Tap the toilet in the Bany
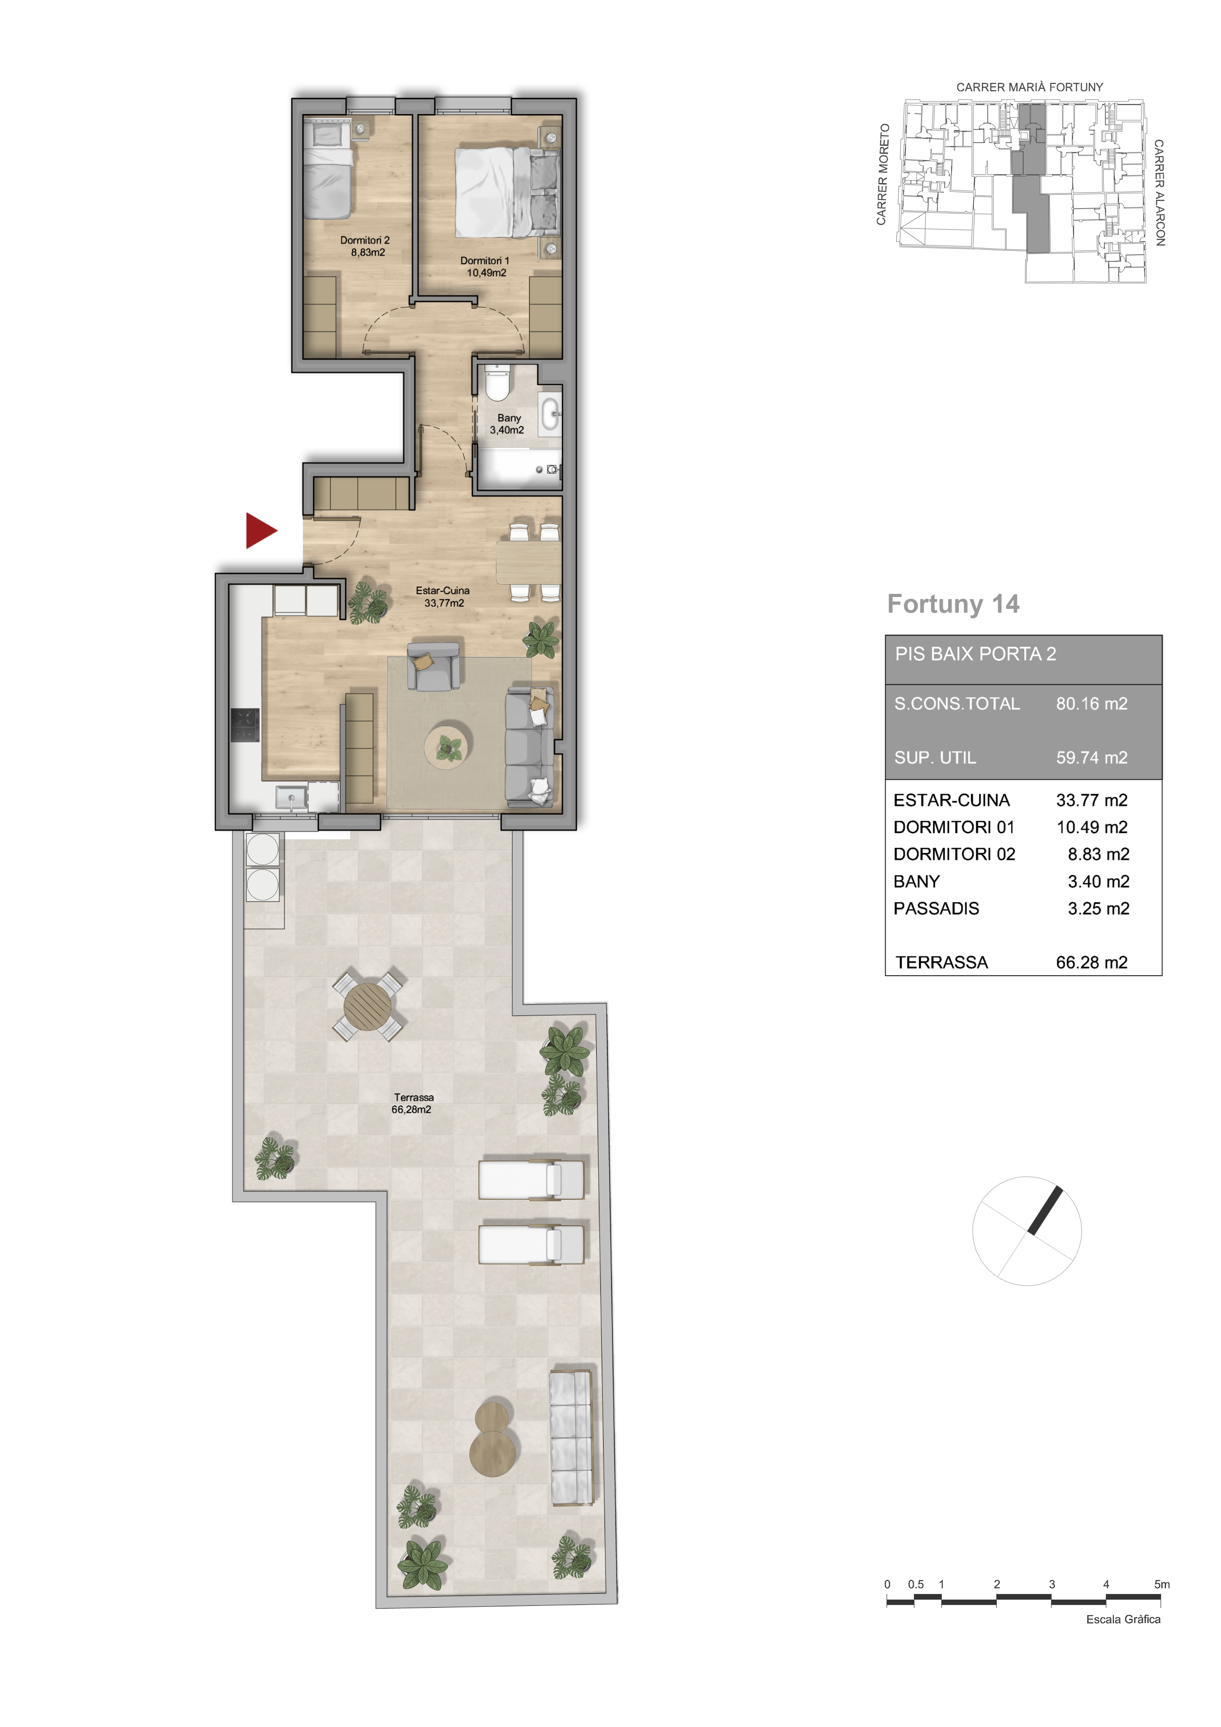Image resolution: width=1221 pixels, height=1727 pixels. click(496, 382)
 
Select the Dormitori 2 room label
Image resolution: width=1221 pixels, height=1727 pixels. click(365, 246)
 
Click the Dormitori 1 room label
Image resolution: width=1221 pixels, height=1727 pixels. click(485, 266)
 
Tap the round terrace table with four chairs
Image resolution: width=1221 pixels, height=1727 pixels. click(368, 1005)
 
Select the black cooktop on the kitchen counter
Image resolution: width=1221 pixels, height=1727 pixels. click(245, 725)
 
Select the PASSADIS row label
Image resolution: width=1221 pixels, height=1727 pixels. click(936, 909)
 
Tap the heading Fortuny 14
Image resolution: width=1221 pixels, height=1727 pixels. click(953, 604)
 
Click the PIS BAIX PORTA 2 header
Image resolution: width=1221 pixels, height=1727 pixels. click(975, 654)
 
